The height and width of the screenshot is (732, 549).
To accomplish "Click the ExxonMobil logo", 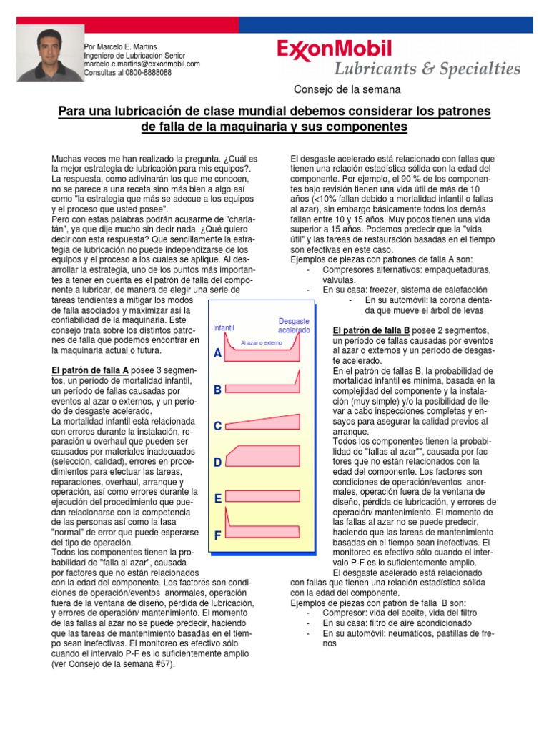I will [335, 50].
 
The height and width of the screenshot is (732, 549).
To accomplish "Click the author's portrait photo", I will [48, 55].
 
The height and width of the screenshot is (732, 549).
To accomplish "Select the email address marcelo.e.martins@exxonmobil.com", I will [142, 64].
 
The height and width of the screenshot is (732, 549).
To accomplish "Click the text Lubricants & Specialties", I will [427, 69].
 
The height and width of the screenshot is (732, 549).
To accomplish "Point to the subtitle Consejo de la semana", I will [347, 89].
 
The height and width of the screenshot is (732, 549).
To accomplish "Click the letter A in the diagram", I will [217, 354].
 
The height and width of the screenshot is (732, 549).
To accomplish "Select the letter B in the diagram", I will [217, 390].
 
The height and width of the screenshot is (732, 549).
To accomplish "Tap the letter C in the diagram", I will [217, 426].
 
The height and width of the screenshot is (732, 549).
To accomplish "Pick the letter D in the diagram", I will [217, 463].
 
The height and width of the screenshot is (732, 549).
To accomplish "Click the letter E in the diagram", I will [217, 498].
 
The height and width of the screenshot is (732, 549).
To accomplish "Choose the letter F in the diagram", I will [217, 535].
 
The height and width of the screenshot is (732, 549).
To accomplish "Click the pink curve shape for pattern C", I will [262, 423].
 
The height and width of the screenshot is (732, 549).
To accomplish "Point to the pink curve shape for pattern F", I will [262, 531].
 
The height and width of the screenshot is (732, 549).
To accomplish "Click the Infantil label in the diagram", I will [224, 327].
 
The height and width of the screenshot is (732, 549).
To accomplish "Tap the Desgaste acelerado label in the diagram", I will [294, 326].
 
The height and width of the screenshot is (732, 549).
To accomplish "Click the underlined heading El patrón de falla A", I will [90, 370].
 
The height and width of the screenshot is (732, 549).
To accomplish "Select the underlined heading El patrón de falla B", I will [371, 330].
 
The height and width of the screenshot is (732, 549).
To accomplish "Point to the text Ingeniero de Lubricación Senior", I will [134, 55].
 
